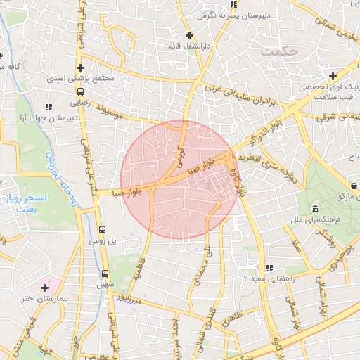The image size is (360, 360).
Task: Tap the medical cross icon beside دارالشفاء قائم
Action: (x=188, y=34)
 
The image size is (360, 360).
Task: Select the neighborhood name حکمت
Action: (x=279, y=51)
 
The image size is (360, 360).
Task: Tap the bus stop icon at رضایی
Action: (x=81, y=91)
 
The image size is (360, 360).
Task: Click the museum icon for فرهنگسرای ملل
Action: (x=314, y=210)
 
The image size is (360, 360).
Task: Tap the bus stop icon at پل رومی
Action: (x=103, y=229)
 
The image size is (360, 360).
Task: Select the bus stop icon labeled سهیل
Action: (x=105, y=274)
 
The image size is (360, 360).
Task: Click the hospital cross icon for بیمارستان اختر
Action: (x=44, y=288)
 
